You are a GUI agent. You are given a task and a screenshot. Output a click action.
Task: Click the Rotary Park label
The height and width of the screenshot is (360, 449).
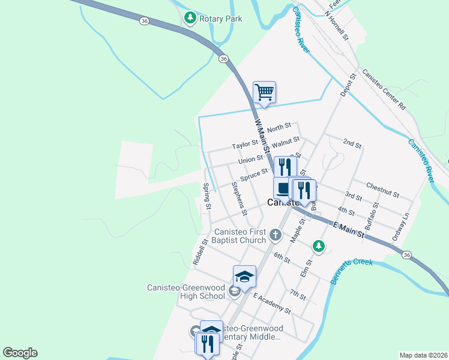coord(221,19)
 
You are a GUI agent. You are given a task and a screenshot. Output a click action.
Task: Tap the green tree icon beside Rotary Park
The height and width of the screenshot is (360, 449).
coord(190,18)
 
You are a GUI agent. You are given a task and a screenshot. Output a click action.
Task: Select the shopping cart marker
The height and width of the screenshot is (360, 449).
coord(264,92)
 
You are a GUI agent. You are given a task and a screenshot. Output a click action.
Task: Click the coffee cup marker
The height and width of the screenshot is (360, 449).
coord(282,187)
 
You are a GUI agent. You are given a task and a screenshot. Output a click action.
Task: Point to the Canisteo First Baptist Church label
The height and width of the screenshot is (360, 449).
coord(241,236)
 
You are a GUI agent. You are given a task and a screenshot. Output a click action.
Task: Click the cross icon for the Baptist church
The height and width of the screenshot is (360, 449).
coord(276,235)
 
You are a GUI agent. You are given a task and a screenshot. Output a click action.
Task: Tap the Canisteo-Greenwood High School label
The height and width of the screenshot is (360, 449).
coord(186,292)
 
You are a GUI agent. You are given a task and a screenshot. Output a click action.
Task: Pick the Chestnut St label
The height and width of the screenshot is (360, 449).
coord(382,190)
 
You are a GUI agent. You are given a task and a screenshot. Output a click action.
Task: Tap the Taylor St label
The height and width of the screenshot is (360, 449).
coord(245,145)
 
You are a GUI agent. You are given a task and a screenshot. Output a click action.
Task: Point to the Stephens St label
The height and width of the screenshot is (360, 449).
coord(239,199)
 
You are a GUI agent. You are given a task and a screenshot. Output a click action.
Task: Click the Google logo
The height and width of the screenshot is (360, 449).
coord(20,353)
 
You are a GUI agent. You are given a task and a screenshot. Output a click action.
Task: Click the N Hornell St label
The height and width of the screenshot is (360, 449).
coord(337,25)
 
